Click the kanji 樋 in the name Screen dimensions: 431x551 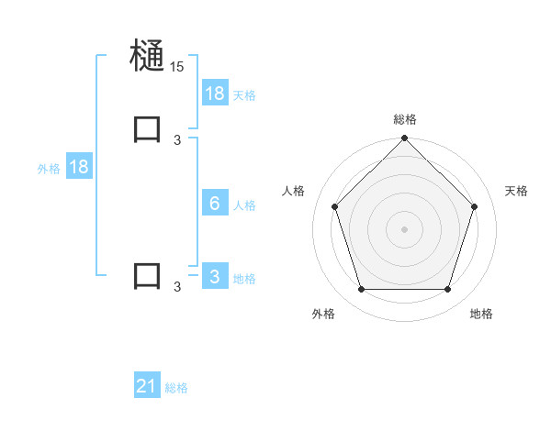(x=148, y=56)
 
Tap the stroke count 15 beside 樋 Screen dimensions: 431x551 (x=176, y=67)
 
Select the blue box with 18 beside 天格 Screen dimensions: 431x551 (x=215, y=93)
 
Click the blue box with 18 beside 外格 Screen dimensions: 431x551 (x=78, y=167)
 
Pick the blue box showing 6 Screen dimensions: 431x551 (x=215, y=204)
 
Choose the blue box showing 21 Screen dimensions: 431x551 (x=147, y=386)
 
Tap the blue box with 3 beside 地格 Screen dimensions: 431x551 (x=215, y=277)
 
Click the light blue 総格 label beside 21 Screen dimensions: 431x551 (x=176, y=388)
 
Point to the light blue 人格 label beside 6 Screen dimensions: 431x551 (x=244, y=205)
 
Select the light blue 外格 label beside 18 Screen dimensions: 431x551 (x=49, y=169)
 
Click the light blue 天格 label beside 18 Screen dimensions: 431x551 (x=244, y=94)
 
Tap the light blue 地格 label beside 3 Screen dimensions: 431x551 (x=244, y=279)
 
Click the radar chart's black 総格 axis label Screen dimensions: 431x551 (x=405, y=119)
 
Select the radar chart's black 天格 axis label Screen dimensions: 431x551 (x=516, y=191)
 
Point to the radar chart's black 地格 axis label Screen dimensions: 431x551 (x=481, y=314)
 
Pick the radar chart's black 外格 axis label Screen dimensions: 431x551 (x=323, y=314)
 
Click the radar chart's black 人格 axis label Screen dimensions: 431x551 (x=294, y=191)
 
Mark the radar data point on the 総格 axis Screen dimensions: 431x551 (x=405, y=139)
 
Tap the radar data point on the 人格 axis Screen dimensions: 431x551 (x=334, y=206)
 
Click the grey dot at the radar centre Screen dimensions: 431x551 (x=405, y=229)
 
